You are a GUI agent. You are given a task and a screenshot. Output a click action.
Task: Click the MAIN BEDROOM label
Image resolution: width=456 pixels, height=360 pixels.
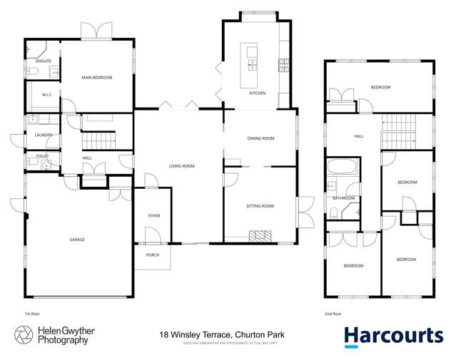(x=97, y=77)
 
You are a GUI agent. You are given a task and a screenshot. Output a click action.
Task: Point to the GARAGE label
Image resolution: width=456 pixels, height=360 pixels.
(x=77, y=240)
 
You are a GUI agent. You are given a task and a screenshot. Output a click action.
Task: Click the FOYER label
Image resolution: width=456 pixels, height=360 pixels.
(x=154, y=215)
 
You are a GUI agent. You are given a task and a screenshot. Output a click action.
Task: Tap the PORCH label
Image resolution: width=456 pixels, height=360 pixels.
(x=153, y=255)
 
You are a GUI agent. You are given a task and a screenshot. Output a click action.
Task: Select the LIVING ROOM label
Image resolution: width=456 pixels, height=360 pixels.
(x=181, y=166)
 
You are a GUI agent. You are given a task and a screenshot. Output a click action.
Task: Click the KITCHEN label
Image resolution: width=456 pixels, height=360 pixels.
(x=257, y=93)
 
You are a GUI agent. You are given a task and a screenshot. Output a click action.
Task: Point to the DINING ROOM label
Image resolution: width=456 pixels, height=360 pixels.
(x=260, y=138)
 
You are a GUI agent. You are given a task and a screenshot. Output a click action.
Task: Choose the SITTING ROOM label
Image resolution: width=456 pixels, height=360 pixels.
(x=260, y=206)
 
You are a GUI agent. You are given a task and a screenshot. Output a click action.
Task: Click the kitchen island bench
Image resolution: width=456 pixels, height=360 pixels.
(x=251, y=60)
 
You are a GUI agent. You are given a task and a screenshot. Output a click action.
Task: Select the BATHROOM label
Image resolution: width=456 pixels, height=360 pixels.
(x=344, y=198)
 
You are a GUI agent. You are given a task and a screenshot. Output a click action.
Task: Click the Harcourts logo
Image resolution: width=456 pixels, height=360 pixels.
(x=393, y=336)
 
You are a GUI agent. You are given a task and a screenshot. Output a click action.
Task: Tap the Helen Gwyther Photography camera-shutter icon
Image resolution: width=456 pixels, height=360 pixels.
(x=24, y=336)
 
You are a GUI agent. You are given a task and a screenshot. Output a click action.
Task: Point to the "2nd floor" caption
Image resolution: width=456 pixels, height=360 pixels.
(x=333, y=313)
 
